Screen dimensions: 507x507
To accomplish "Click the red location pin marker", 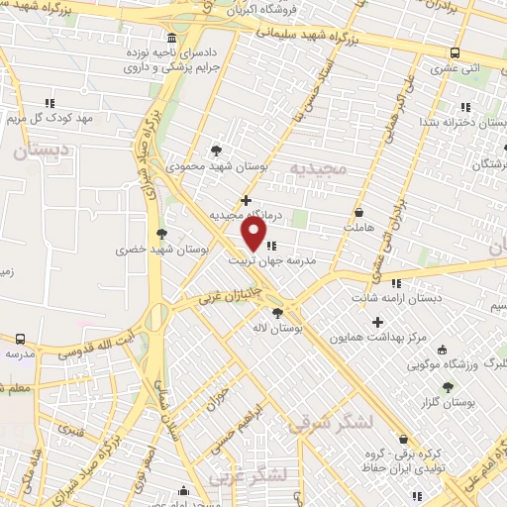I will coord(254,235).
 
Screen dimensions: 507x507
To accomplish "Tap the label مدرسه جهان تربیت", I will coord(272,262).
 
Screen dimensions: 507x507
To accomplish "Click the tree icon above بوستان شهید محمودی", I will coord(217,152).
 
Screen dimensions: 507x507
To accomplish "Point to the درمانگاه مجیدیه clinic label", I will coord(246,214).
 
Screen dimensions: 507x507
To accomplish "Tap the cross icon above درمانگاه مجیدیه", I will coord(247,200).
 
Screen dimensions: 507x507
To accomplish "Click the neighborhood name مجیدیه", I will coord(321,167).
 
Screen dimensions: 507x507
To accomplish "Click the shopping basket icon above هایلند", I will coord(357,213).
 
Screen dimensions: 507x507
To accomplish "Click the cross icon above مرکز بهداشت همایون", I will coord(377,322).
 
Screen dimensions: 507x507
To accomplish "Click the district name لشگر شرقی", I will coord(331,423).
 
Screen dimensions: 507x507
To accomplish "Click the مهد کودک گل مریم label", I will coord(49,118).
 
